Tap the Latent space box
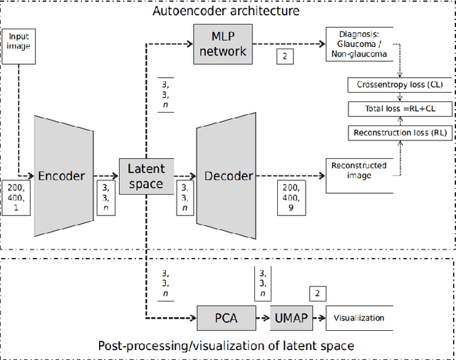coord(145,176)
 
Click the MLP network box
coord(222,43)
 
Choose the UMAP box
coord(290,317)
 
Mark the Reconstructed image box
coord(359,175)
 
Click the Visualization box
coord(359,318)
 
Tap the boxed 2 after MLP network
coord(285,56)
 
